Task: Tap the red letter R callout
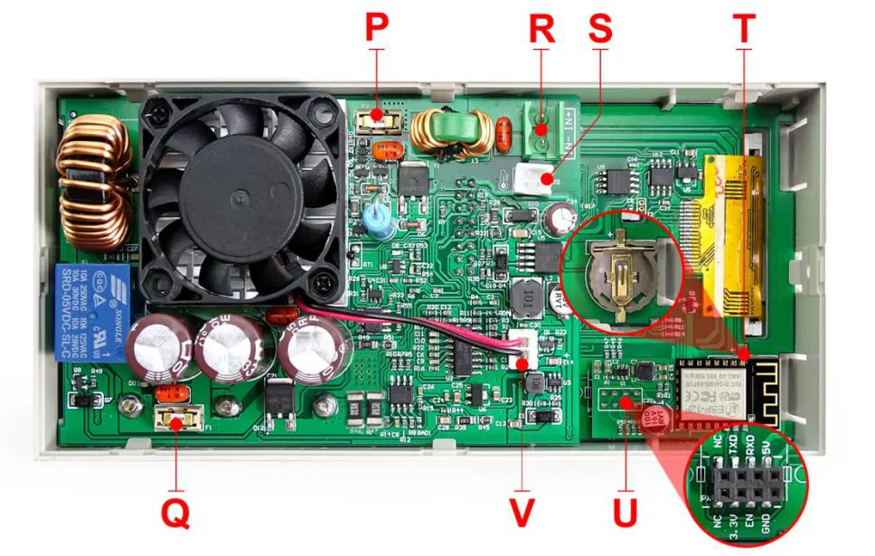pos(541,28)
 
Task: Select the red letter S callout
pos(599,28)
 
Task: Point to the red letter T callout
pos(743,28)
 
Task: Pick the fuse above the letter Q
pos(175,418)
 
